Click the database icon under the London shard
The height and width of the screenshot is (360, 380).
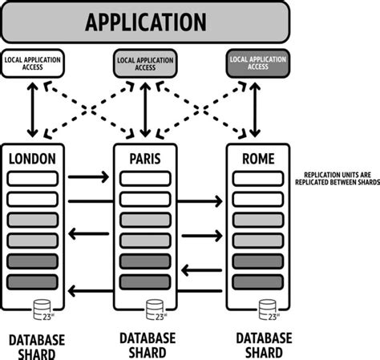coord(40,307)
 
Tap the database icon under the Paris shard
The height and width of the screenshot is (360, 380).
coord(152,307)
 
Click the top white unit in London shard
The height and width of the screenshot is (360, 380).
coord(33,177)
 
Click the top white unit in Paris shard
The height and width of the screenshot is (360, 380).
coord(145,177)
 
